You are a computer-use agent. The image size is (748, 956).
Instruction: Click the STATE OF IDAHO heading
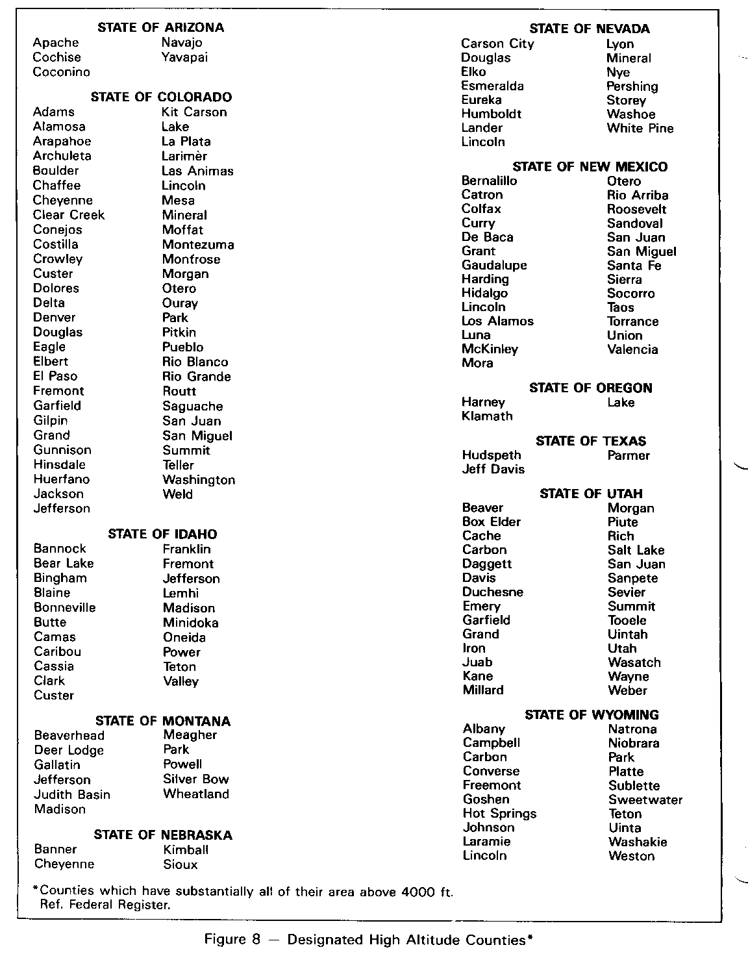click(162, 534)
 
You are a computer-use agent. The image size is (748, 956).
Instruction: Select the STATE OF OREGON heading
click(590, 388)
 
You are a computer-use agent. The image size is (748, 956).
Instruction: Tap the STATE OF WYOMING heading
click(592, 714)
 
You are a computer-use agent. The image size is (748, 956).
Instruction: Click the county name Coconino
click(62, 72)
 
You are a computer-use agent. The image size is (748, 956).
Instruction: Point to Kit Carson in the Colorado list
click(194, 112)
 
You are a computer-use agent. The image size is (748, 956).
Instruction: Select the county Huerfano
click(62, 479)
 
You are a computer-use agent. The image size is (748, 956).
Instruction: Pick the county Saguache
click(193, 406)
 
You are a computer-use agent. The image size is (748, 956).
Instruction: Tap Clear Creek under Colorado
click(69, 215)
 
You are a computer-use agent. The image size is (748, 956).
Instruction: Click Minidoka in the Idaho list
click(191, 622)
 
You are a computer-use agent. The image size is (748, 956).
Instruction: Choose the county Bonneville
click(65, 607)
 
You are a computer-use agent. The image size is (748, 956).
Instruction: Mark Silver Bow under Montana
click(196, 779)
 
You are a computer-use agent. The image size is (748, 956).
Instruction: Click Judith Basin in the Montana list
click(72, 794)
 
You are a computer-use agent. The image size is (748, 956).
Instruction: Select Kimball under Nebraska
click(186, 849)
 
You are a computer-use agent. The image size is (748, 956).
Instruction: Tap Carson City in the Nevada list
click(497, 44)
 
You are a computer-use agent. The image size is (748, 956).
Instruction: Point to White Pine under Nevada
click(640, 128)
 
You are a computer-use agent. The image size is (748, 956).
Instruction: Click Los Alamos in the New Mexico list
click(497, 321)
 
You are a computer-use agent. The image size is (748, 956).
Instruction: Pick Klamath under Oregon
click(487, 416)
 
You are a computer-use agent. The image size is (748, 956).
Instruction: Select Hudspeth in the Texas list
click(492, 455)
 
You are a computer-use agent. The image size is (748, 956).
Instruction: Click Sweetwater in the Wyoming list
click(645, 799)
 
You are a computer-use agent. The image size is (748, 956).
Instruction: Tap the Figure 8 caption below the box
click(369, 939)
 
